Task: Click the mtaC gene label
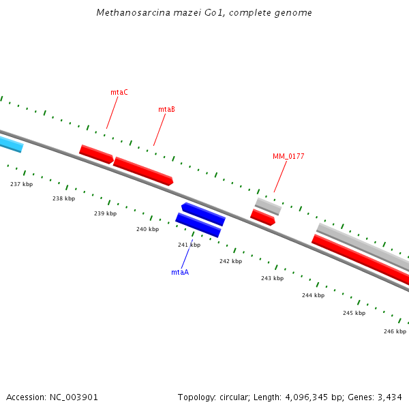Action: point(119,92)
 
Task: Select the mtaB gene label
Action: point(166,109)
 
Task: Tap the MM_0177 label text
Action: point(288,156)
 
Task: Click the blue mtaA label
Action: point(180,272)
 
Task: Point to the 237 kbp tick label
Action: point(21,184)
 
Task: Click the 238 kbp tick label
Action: point(63,198)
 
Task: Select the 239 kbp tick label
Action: point(105,213)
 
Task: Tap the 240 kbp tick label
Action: point(147,229)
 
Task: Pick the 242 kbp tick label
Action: point(230,261)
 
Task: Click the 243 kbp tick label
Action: point(272,278)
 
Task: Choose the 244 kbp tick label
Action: point(313,295)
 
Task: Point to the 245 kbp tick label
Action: point(354,313)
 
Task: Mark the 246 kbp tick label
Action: point(395,331)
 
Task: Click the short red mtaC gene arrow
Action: point(96,154)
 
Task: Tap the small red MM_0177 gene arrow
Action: point(262,217)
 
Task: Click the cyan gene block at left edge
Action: point(10,144)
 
